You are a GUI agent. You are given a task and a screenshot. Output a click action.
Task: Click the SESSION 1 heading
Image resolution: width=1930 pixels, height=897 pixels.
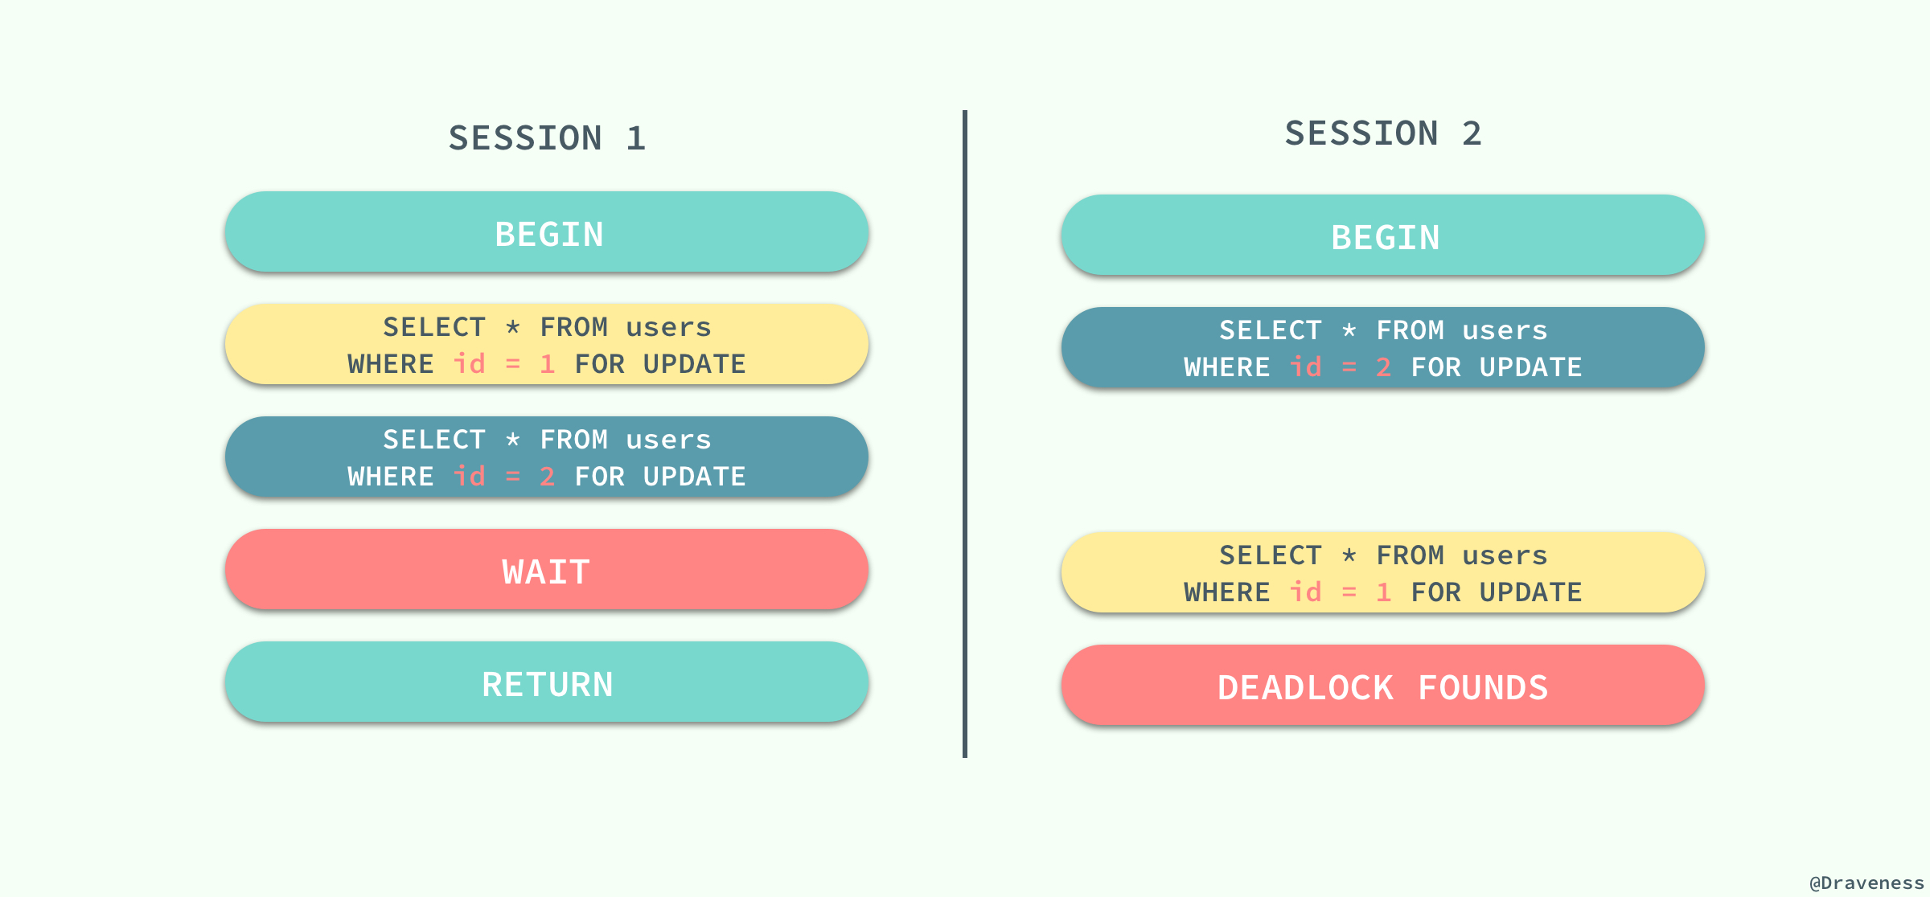point(547,138)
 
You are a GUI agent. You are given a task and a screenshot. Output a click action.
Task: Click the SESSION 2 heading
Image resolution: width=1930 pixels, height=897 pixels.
point(1383,133)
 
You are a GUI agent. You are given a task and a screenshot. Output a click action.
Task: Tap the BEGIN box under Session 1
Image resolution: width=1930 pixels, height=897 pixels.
point(547,233)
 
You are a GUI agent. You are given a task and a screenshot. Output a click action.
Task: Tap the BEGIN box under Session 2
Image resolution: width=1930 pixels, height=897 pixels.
point(1383,236)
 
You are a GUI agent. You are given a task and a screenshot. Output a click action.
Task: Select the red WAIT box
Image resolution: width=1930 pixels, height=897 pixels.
point(547,571)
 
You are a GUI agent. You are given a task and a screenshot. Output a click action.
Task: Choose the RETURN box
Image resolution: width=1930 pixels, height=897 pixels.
point(547,683)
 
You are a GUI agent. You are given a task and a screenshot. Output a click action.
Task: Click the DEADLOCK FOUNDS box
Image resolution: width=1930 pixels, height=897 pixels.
point(1383,686)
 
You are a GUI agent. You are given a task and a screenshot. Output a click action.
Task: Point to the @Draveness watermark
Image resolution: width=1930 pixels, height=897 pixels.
point(1866,883)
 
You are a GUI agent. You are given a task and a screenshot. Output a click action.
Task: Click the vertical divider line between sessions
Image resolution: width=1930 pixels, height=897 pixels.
point(965,434)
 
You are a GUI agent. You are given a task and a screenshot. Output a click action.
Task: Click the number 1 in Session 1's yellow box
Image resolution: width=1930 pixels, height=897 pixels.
point(548,364)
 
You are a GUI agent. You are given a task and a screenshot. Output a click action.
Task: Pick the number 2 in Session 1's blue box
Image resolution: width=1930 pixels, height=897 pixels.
point(548,477)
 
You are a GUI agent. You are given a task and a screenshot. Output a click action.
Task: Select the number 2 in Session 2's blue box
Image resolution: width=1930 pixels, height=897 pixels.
point(1384,367)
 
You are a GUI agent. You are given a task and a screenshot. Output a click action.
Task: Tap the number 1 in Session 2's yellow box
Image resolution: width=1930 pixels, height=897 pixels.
point(1384,592)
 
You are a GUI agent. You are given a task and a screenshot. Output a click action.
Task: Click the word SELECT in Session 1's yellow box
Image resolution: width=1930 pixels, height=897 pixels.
point(434,327)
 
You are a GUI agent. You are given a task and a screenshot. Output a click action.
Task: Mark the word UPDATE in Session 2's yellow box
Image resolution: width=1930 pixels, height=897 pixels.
point(1530,592)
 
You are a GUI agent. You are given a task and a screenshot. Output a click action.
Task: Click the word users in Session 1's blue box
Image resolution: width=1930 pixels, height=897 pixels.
point(668,440)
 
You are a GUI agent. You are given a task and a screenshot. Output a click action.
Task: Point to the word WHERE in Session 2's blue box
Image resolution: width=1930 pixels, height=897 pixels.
point(1227,367)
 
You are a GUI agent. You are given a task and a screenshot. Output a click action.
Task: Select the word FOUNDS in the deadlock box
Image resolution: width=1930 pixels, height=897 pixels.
point(1483,688)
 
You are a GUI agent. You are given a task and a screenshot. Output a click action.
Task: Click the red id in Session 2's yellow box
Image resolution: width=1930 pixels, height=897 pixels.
point(1305,592)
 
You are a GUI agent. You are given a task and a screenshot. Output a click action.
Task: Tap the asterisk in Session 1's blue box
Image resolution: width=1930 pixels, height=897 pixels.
point(513,440)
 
